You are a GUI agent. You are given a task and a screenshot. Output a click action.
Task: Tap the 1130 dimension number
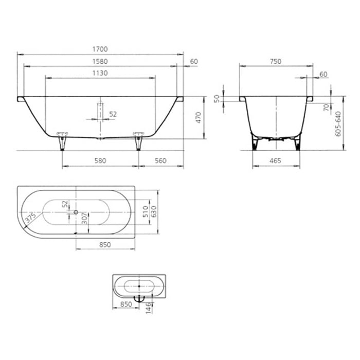coord(100,74)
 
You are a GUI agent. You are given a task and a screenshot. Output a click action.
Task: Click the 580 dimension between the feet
coord(100,160)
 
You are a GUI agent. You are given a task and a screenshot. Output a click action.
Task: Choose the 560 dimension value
coord(160,160)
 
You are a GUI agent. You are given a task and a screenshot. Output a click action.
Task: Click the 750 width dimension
coord(275,61)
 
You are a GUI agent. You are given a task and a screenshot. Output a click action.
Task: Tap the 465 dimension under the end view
coord(275,161)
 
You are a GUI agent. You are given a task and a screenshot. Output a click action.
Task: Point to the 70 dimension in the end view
coord(326,107)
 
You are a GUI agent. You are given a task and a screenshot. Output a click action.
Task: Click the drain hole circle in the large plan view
coord(76,212)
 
